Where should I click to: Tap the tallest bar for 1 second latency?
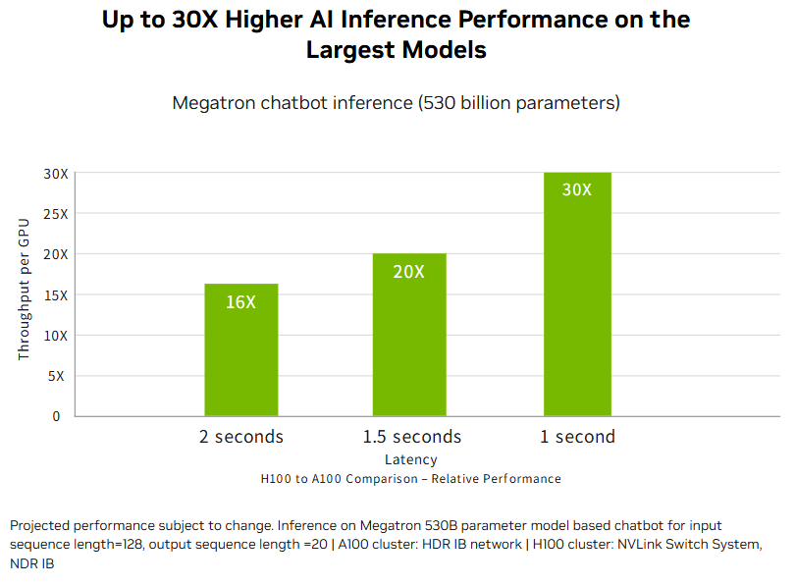click(577, 294)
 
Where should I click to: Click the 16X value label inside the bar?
click(240, 302)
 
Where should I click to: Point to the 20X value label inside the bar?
click(409, 272)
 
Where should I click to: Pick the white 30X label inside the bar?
click(577, 189)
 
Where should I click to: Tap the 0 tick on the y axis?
click(56, 416)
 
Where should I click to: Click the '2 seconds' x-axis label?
click(241, 437)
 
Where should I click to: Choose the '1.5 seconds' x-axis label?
click(412, 437)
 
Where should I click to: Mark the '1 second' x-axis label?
click(578, 437)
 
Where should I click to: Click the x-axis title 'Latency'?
click(411, 459)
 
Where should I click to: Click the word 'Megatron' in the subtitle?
click(213, 103)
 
